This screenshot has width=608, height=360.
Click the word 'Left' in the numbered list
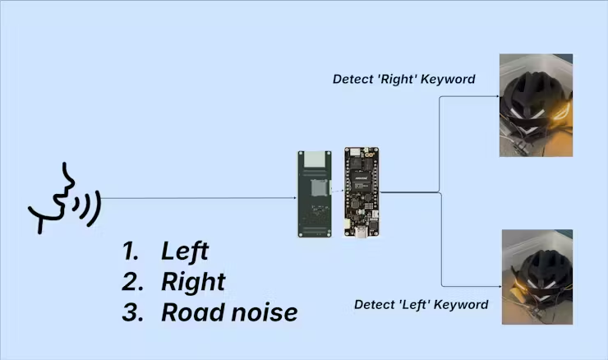[185, 252]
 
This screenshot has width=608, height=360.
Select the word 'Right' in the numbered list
[193, 282]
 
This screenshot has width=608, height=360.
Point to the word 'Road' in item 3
[189, 312]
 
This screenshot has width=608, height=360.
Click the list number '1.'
[131, 252]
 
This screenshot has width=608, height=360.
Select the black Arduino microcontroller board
[360, 192]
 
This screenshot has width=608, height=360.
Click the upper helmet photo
[536, 105]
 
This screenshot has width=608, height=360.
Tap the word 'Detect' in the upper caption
[352, 80]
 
